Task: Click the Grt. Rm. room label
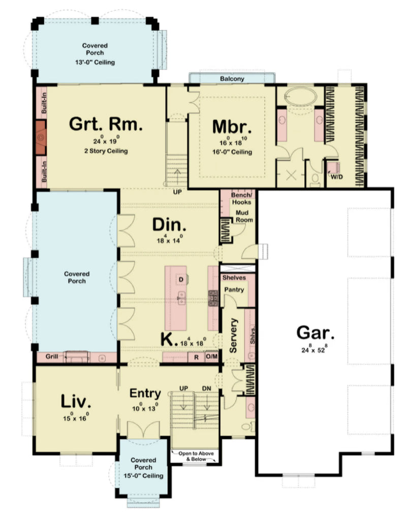pyautogui.click(x=106, y=123)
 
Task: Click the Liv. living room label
pyautogui.click(x=76, y=401)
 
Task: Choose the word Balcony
pyautogui.click(x=232, y=79)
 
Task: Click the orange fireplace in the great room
pyautogui.click(x=41, y=137)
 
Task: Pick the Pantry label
pyautogui.click(x=235, y=289)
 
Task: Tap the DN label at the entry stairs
pyautogui.click(x=206, y=388)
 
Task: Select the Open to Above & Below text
pyautogui.click(x=196, y=456)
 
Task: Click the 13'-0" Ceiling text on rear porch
pyautogui.click(x=95, y=62)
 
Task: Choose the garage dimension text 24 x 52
pyautogui.click(x=315, y=350)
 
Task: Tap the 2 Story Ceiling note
pyautogui.click(x=106, y=151)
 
